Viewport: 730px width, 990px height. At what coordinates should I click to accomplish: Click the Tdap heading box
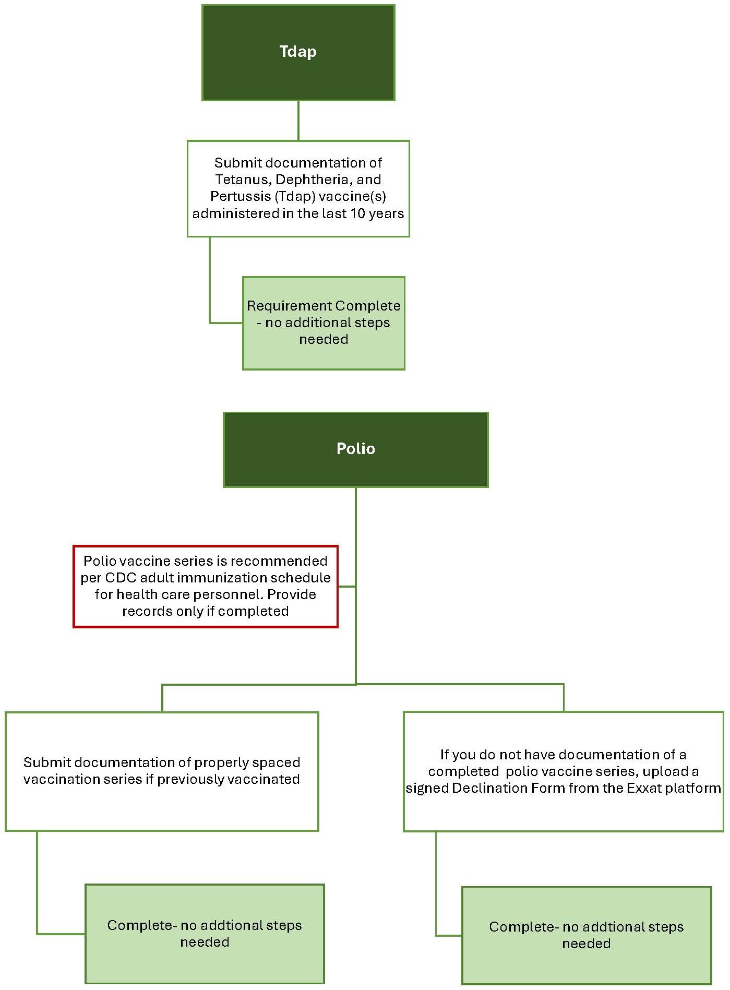[298, 52]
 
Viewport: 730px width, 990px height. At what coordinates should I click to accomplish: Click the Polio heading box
[355, 449]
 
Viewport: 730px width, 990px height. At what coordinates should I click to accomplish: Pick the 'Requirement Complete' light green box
[324, 323]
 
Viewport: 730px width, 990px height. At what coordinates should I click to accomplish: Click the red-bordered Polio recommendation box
[205, 586]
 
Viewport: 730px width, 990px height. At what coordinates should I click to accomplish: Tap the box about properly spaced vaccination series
[162, 770]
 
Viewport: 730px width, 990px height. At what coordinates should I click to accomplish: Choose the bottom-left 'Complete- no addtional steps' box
[205, 933]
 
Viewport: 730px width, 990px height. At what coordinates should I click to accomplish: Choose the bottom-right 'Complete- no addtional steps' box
[586, 935]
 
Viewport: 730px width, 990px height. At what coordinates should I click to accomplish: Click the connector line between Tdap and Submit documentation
[298, 121]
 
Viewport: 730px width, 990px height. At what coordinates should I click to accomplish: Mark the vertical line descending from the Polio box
[356, 532]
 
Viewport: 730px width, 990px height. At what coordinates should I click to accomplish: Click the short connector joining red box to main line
[346, 587]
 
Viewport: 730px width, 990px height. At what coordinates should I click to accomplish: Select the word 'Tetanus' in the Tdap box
[244, 180]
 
